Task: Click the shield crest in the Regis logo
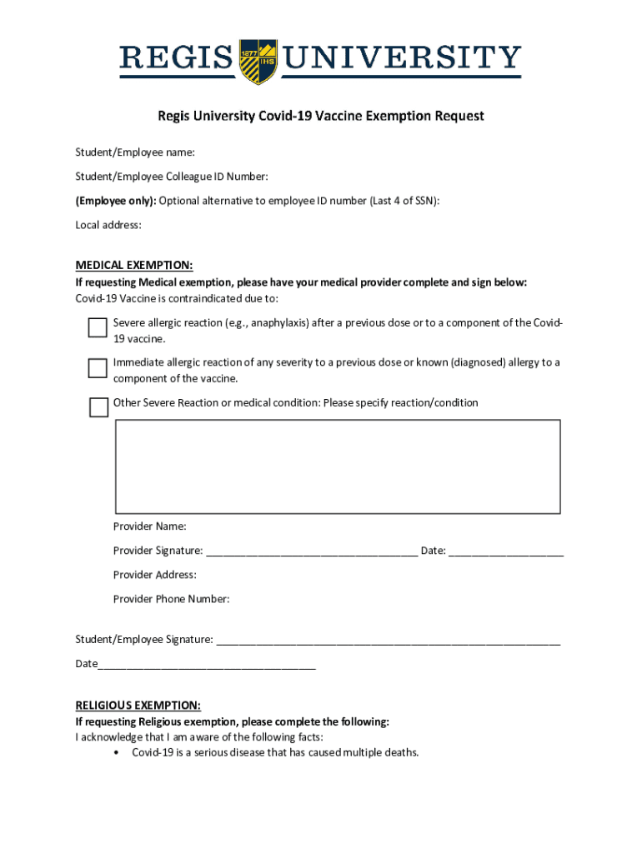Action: pyautogui.click(x=258, y=61)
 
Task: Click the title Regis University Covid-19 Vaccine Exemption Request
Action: pyautogui.click(x=321, y=116)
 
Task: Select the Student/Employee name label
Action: pyautogui.click(x=135, y=152)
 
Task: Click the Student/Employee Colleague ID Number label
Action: pyautogui.click(x=172, y=177)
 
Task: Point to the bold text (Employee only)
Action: pyautogui.click(x=115, y=201)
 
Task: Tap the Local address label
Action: pyautogui.click(x=108, y=225)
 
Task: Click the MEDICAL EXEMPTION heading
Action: pyautogui.click(x=134, y=266)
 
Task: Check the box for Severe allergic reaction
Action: pyautogui.click(x=98, y=328)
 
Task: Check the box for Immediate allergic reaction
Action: pyautogui.click(x=98, y=367)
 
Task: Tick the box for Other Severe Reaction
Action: pyautogui.click(x=98, y=407)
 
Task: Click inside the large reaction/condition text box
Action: pyautogui.click(x=337, y=466)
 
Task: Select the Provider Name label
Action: pyautogui.click(x=150, y=526)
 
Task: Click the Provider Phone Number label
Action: pyautogui.click(x=171, y=599)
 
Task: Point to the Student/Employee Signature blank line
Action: pyautogui.click(x=388, y=641)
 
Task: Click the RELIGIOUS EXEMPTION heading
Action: pyautogui.click(x=138, y=705)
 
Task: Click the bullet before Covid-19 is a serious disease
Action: pyautogui.click(x=114, y=753)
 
